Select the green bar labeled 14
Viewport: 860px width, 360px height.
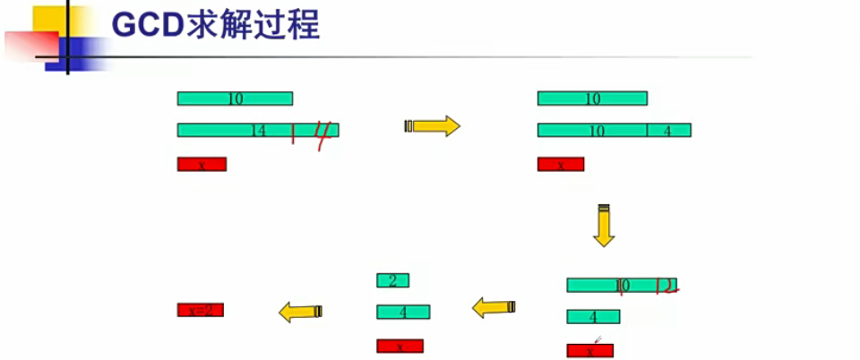[233, 130]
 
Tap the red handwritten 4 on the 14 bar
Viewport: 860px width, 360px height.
[323, 133]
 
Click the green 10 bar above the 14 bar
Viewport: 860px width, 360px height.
[235, 99]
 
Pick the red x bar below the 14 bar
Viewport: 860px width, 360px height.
[202, 164]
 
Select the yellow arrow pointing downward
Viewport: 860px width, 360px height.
[604, 226]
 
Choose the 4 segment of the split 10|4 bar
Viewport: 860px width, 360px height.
[668, 130]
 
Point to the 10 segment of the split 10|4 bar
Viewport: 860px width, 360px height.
[592, 130]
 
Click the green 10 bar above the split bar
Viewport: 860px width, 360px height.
[592, 99]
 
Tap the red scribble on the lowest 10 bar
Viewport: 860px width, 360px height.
[666, 286]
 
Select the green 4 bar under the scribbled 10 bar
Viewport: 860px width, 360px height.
[592, 317]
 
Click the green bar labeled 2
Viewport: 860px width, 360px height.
[392, 280]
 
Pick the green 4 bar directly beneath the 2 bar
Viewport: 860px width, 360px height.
[403, 312]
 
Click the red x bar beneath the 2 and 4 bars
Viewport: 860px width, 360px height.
[400, 346]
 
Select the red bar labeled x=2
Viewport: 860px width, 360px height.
[201, 310]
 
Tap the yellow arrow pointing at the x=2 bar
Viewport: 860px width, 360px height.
[300, 312]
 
